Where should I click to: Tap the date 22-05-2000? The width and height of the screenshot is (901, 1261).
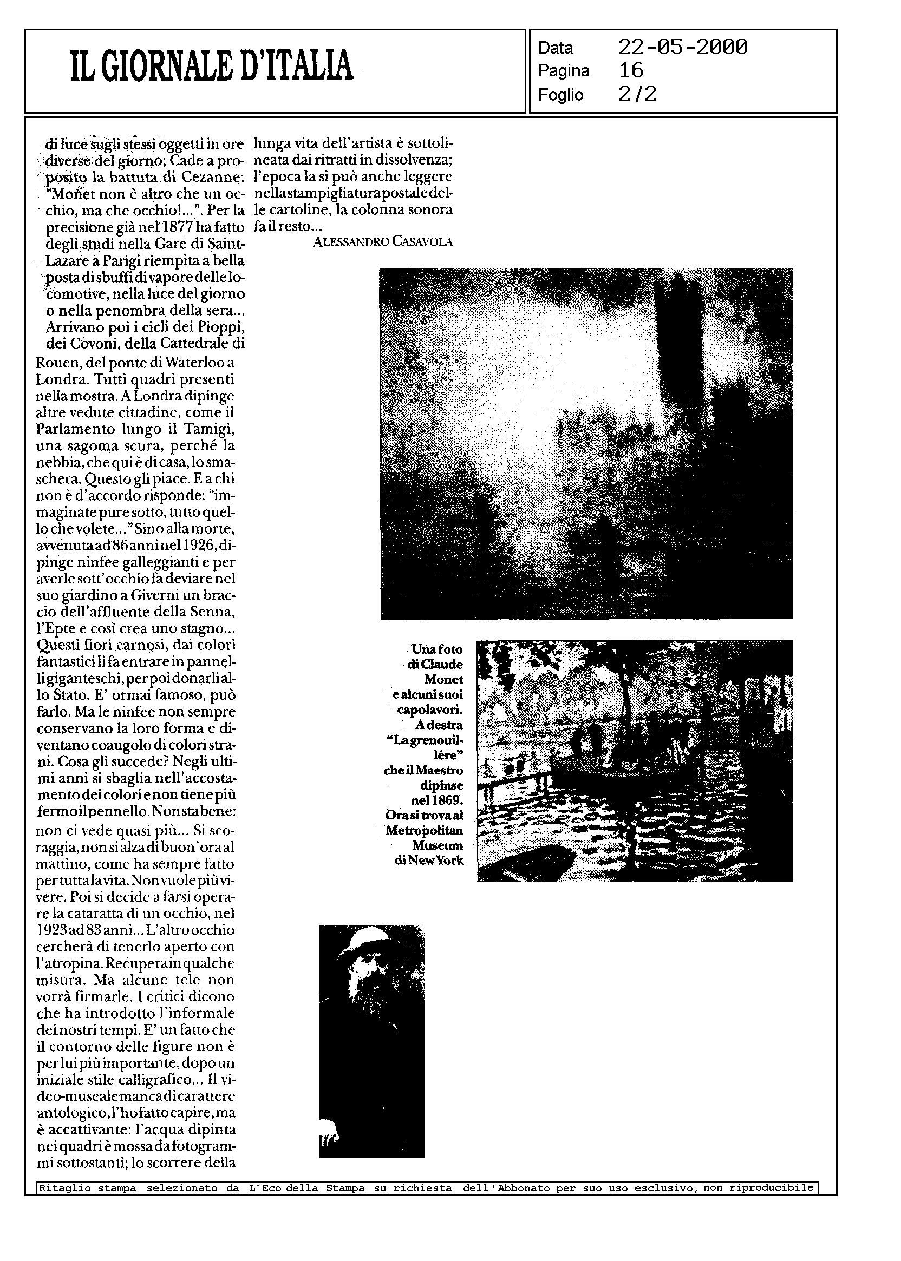[x=682, y=48]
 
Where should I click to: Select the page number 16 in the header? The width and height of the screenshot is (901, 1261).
[x=631, y=70]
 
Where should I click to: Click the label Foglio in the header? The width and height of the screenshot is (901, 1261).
[x=560, y=95]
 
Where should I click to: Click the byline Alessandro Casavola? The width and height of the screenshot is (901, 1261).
[x=382, y=241]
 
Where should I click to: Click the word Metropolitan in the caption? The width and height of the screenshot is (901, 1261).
[x=425, y=830]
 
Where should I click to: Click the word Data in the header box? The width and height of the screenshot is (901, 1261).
[x=555, y=48]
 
